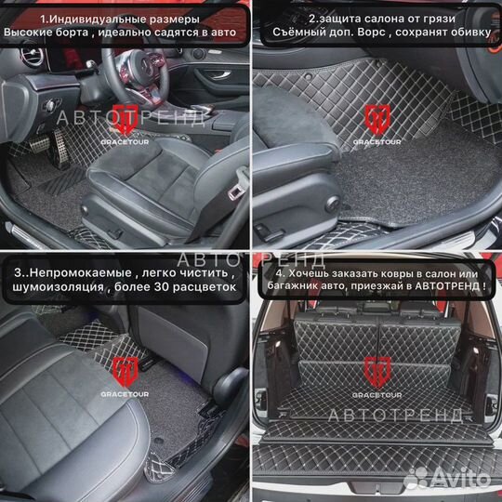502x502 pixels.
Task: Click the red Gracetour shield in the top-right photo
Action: [x=376, y=118]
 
